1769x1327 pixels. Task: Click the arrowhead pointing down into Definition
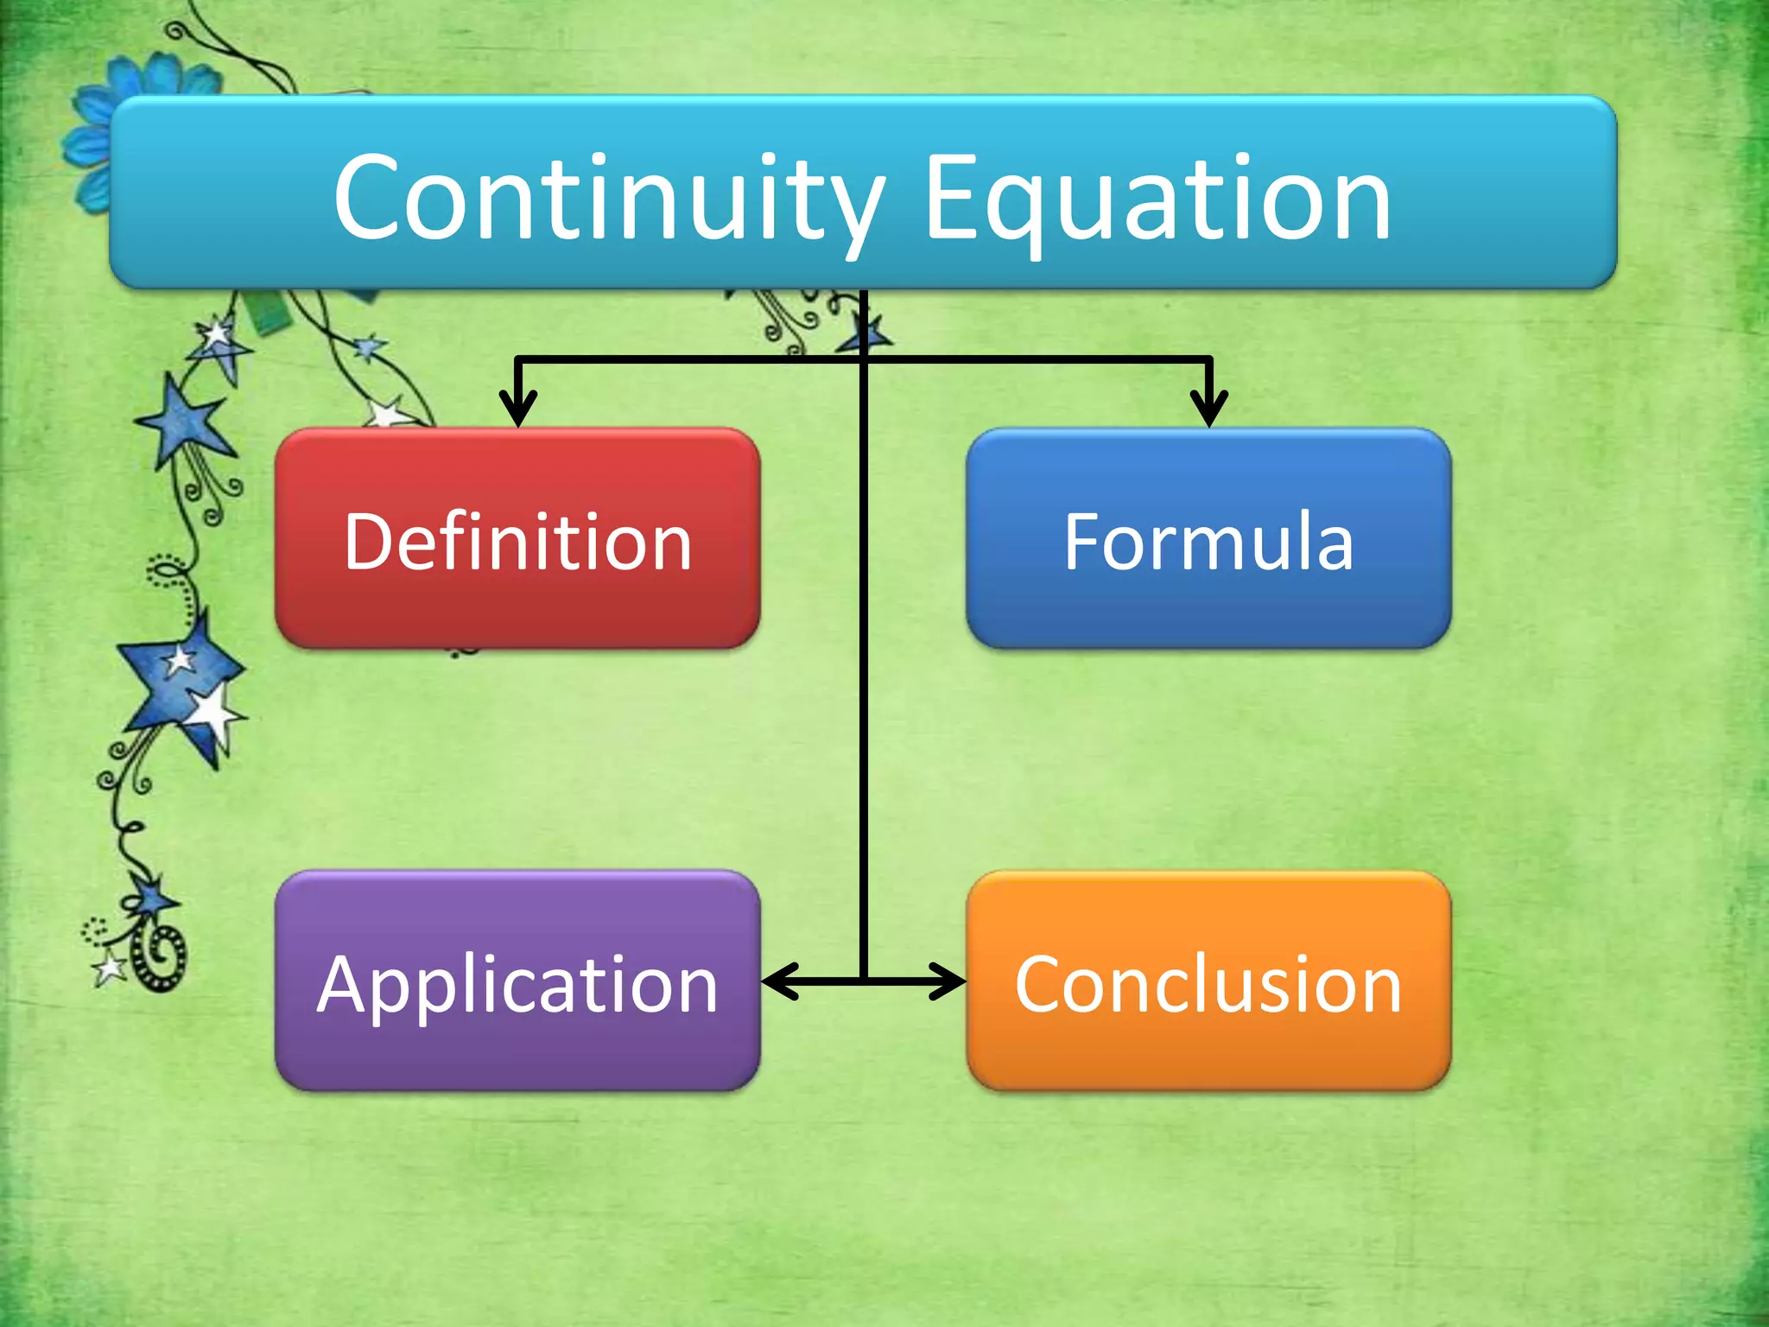coord(517,410)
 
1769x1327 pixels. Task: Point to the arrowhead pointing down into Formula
coord(1208,410)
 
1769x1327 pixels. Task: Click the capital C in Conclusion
coord(1039,985)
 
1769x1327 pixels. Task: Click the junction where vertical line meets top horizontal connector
coord(863,359)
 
